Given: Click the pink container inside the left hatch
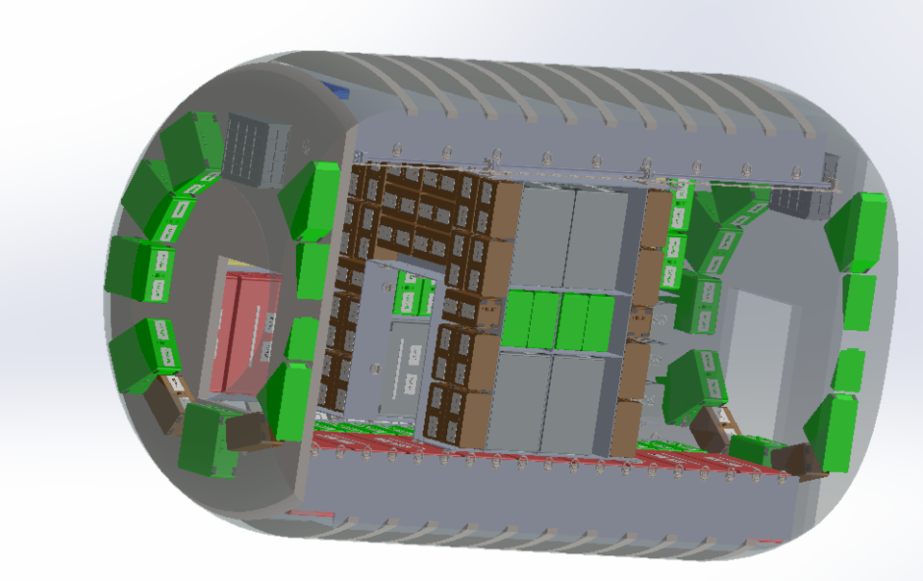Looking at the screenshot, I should tap(244, 332).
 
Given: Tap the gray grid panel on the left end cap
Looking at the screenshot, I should tap(256, 151).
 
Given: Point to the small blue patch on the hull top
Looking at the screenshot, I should tap(338, 89).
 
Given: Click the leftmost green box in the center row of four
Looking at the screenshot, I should tap(517, 320).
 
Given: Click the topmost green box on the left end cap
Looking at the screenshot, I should tap(192, 143).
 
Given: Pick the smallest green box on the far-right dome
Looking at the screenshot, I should tap(848, 369).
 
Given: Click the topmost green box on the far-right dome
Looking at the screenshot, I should tap(856, 231).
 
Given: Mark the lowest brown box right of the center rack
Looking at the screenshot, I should tap(625, 428).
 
